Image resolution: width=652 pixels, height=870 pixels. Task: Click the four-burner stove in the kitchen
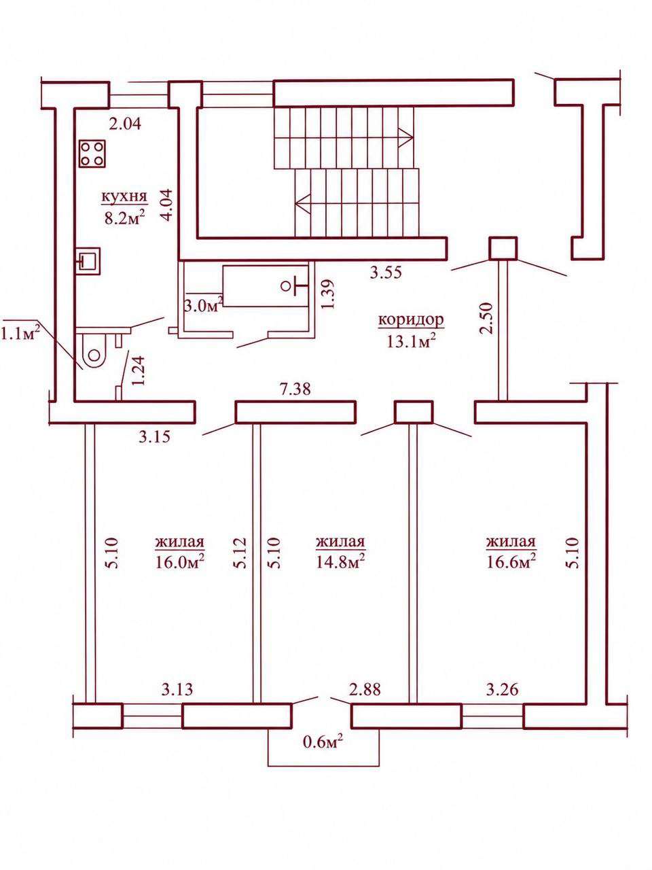pyautogui.click(x=93, y=154)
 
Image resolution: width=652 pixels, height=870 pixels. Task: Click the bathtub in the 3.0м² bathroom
pyautogui.click(x=266, y=285)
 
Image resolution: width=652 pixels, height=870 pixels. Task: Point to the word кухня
pyautogui.click(x=124, y=196)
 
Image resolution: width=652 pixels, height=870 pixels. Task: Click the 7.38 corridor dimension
pyautogui.click(x=295, y=389)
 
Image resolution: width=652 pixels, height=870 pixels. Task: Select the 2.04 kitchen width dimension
pyautogui.click(x=125, y=124)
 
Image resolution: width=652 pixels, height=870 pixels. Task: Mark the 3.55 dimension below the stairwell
pyautogui.click(x=386, y=273)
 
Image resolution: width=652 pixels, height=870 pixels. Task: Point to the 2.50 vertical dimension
pyautogui.click(x=487, y=318)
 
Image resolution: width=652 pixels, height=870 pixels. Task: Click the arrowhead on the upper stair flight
pyautogui.click(x=407, y=137)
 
